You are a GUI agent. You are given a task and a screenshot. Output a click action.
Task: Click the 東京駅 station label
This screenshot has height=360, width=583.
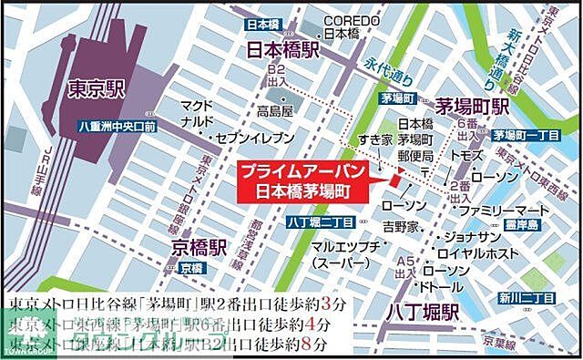[96, 89]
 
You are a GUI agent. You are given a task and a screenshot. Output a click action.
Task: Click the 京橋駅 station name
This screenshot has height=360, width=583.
[196, 248]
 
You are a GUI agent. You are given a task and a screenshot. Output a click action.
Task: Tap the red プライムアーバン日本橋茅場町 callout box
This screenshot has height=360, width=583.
[303, 182]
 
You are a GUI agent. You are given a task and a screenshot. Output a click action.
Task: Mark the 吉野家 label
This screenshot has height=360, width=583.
[401, 225]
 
